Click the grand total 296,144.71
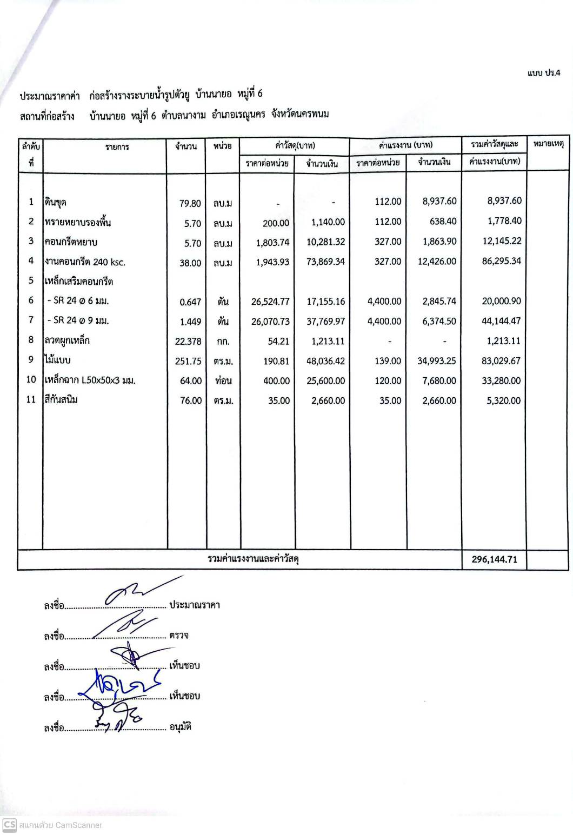[x=494, y=559]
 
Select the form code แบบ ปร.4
[x=544, y=73]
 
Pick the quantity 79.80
[x=190, y=204]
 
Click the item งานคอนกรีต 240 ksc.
[x=85, y=262]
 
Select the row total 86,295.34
[x=501, y=261]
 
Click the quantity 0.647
[x=190, y=302]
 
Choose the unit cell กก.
[x=223, y=342]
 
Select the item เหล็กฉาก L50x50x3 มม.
[x=90, y=380]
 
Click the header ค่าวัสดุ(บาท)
[x=295, y=145]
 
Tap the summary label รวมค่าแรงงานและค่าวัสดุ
[x=254, y=559]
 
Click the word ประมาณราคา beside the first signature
[x=195, y=605]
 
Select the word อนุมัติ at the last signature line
[x=181, y=727]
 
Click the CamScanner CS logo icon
[x=9, y=825]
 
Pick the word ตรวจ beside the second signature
[x=179, y=635]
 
